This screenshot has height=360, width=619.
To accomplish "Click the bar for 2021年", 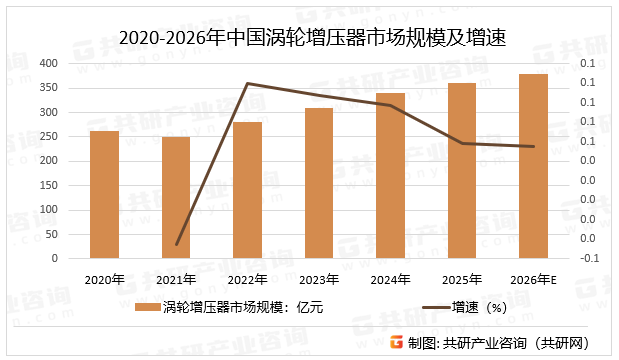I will point(176,197).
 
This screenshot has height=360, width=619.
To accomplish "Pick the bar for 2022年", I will point(247,190).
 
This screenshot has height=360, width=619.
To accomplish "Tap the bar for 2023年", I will point(319,183).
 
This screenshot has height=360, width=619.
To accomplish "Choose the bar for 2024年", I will point(390,175).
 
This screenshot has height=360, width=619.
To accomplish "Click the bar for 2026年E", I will point(533,166).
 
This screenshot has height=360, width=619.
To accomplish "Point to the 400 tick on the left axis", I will point(47,63).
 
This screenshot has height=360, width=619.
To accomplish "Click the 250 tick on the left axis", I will point(47,136).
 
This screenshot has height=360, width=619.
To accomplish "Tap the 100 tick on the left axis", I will point(47,209).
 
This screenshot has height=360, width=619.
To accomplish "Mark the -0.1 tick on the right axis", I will point(590,257).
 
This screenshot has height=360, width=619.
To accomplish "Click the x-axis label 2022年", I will point(247,279).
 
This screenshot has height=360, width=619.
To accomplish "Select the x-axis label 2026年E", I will point(533,279).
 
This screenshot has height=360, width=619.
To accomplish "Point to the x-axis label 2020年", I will point(104,279).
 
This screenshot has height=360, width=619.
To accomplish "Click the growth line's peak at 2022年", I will point(247,83).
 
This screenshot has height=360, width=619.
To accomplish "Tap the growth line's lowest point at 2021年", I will point(177,244).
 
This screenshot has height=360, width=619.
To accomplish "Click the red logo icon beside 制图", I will point(396,342).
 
